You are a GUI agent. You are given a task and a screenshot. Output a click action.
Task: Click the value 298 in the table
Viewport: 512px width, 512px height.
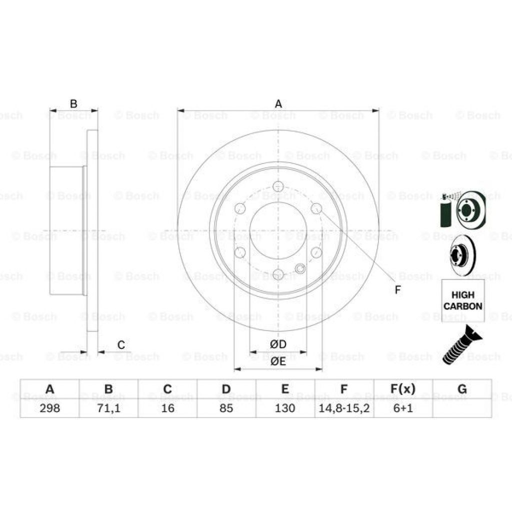(49, 408)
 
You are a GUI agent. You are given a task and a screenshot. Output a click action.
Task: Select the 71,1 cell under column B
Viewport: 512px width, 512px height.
(108, 408)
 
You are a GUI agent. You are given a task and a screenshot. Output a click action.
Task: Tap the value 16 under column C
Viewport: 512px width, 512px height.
(167, 408)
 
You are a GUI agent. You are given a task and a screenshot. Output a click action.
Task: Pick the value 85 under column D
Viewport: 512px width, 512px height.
(226, 408)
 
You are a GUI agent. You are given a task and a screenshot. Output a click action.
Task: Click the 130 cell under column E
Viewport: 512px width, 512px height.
(285, 408)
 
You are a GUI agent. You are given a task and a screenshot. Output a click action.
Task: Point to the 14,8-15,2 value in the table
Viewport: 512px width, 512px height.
(344, 408)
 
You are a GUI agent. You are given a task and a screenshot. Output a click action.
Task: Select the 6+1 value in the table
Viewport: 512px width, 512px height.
(402, 408)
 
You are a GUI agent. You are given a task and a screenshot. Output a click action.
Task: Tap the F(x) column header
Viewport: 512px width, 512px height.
(402, 389)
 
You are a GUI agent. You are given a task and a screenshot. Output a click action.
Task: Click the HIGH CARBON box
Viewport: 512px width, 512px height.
(462, 300)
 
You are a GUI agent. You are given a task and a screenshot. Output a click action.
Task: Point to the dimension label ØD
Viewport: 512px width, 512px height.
(278, 344)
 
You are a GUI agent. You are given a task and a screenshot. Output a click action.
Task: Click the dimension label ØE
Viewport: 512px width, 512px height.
(278, 361)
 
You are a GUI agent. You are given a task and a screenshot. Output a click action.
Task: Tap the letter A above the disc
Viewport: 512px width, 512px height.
(278, 104)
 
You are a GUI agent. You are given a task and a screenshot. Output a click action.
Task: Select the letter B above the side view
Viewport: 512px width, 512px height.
(73, 104)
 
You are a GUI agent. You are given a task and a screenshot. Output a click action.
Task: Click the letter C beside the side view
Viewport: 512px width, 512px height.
(120, 344)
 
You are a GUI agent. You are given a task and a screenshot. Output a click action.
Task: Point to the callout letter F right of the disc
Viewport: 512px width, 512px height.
(398, 289)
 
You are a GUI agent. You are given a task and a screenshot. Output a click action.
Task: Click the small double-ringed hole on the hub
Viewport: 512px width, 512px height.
(300, 269)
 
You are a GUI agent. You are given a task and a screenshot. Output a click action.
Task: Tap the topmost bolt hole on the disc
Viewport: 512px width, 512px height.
(278, 186)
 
